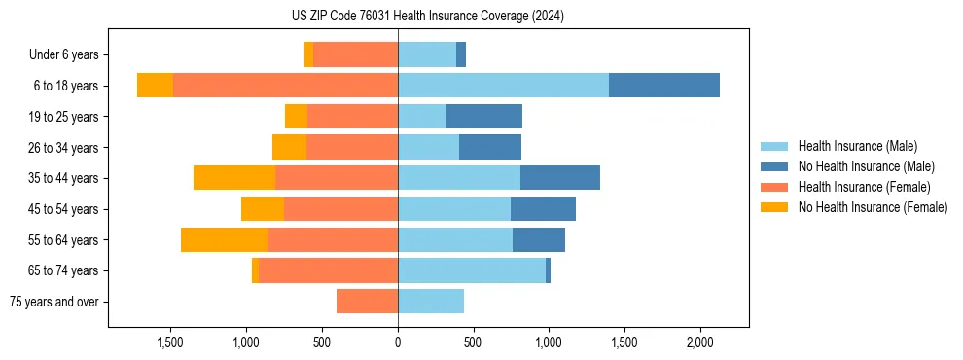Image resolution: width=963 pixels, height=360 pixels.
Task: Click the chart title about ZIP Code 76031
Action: tap(427, 17)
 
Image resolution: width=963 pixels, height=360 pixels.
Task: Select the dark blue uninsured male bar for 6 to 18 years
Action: tap(664, 86)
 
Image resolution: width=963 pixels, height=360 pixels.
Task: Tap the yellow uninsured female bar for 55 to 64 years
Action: tap(225, 239)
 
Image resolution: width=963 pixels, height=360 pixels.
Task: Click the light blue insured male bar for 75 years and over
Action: tap(431, 302)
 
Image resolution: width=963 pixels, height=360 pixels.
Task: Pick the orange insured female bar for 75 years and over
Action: tap(367, 302)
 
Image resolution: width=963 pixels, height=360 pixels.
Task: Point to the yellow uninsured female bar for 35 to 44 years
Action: tap(234, 178)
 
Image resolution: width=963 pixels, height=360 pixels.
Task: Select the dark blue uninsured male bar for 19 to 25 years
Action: tap(484, 117)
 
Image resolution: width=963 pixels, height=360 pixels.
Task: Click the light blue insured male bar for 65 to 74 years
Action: tap(472, 270)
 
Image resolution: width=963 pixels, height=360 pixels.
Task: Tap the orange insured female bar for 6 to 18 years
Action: tap(285, 86)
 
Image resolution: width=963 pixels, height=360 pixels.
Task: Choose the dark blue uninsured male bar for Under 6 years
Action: tap(461, 54)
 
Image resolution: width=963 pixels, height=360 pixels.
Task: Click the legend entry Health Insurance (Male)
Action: tap(857, 146)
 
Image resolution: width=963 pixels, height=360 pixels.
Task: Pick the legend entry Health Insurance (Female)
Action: tap(864, 187)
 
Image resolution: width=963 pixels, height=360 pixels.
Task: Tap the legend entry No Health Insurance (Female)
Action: tap(873, 207)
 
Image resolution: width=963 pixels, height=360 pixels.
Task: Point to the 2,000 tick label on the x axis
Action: tap(699, 342)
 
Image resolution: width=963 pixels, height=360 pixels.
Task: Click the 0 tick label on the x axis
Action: tap(398, 342)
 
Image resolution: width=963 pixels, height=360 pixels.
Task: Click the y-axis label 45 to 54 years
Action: tap(65, 209)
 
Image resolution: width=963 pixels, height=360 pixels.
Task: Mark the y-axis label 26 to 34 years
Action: tap(65, 148)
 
